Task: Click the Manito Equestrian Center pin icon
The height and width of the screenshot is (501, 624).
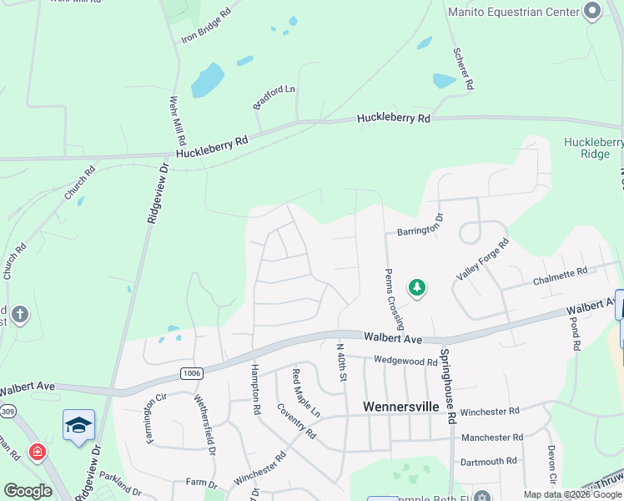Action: click(592, 12)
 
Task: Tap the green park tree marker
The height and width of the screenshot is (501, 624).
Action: click(417, 288)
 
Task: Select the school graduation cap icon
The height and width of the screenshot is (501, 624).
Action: click(78, 425)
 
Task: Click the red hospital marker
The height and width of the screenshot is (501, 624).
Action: click(38, 453)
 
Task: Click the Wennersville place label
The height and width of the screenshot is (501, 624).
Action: click(402, 407)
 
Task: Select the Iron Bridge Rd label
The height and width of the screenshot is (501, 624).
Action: click(206, 27)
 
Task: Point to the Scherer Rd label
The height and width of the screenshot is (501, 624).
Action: click(464, 68)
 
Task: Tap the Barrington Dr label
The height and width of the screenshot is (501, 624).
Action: click(420, 226)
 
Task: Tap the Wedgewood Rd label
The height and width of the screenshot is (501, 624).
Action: click(405, 362)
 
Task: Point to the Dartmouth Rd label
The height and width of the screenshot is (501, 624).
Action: click(489, 461)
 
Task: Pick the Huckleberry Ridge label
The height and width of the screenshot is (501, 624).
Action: click(593, 148)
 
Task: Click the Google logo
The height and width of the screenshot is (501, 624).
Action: click(28, 491)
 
